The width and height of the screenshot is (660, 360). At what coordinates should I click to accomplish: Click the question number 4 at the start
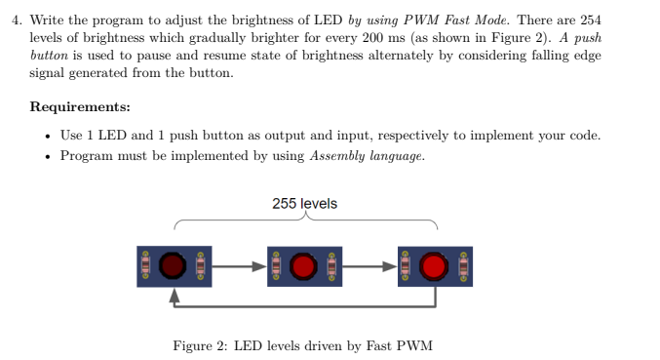click(x=16, y=20)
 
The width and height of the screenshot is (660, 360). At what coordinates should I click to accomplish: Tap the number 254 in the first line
click(x=592, y=20)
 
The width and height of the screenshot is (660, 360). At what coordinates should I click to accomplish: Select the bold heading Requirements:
click(x=81, y=107)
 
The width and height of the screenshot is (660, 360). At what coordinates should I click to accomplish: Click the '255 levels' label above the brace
click(x=304, y=204)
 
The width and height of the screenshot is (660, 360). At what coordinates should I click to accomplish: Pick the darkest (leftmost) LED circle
click(x=174, y=264)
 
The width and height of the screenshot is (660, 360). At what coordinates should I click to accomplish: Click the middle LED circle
click(x=305, y=264)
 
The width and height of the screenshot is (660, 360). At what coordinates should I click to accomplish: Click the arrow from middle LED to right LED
click(x=369, y=264)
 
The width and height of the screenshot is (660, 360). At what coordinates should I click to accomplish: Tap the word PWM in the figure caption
click(x=415, y=345)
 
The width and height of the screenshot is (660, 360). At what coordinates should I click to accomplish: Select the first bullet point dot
click(x=48, y=136)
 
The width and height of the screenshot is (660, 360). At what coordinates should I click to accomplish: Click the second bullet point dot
click(x=48, y=155)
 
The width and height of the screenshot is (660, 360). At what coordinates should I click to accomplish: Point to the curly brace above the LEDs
click(x=304, y=222)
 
